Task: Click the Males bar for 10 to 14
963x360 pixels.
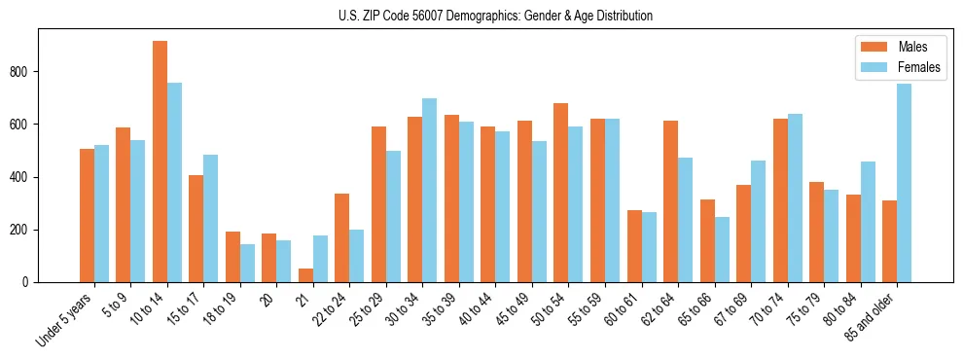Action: [160, 162]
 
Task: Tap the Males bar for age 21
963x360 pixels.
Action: [305, 275]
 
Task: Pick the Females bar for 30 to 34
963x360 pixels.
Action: [429, 191]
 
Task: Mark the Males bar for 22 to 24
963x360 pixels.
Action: [341, 238]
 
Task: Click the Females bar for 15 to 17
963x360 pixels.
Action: [211, 219]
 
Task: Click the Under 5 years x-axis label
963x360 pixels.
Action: [66, 319]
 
